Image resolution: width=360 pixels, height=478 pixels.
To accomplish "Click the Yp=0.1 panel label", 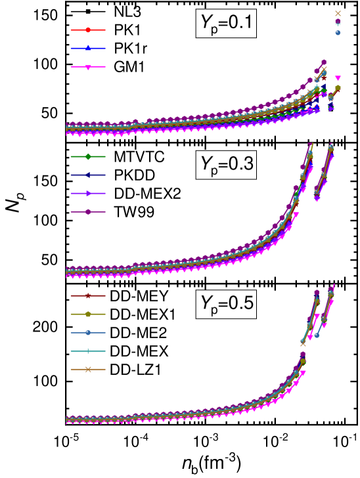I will pyautogui.click(x=226, y=25).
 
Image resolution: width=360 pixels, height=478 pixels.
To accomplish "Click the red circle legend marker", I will pyautogui.click(x=88, y=30).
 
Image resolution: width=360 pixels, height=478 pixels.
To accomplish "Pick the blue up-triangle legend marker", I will pyautogui.click(x=88, y=48).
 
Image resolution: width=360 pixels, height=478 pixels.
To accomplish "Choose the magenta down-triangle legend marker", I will pyautogui.click(x=88, y=66).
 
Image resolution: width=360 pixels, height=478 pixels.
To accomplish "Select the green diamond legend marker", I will pyautogui.click(x=88, y=156).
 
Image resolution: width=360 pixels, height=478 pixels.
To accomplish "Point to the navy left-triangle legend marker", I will pyautogui.click(x=88, y=175).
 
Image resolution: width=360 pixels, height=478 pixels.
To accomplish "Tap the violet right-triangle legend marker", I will pyautogui.click(x=88, y=193).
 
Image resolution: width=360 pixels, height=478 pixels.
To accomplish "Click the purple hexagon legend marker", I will pyautogui.click(x=88, y=211).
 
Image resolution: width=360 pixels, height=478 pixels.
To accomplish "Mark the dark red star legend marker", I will pyautogui.click(x=88, y=295).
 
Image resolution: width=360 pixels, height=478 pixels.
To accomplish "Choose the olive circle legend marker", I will pyautogui.click(x=88, y=314).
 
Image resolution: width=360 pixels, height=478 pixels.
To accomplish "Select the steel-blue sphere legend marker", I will pyautogui.click(x=88, y=332).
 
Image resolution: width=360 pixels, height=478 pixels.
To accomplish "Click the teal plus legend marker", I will pyautogui.click(x=88, y=351).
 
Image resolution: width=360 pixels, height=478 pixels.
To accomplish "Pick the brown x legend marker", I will pyautogui.click(x=88, y=369).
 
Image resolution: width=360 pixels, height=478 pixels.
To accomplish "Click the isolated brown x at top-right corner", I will pyautogui.click(x=338, y=13).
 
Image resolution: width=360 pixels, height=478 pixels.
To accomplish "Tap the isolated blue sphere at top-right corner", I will pyautogui.click(x=338, y=32).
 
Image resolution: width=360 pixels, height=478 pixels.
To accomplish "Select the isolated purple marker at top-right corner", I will pyautogui.click(x=338, y=21).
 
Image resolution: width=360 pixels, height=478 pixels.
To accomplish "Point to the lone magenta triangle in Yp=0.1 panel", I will pyautogui.click(x=338, y=78).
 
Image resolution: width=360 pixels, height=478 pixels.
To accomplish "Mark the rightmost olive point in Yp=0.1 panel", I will pyautogui.click(x=338, y=88).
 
